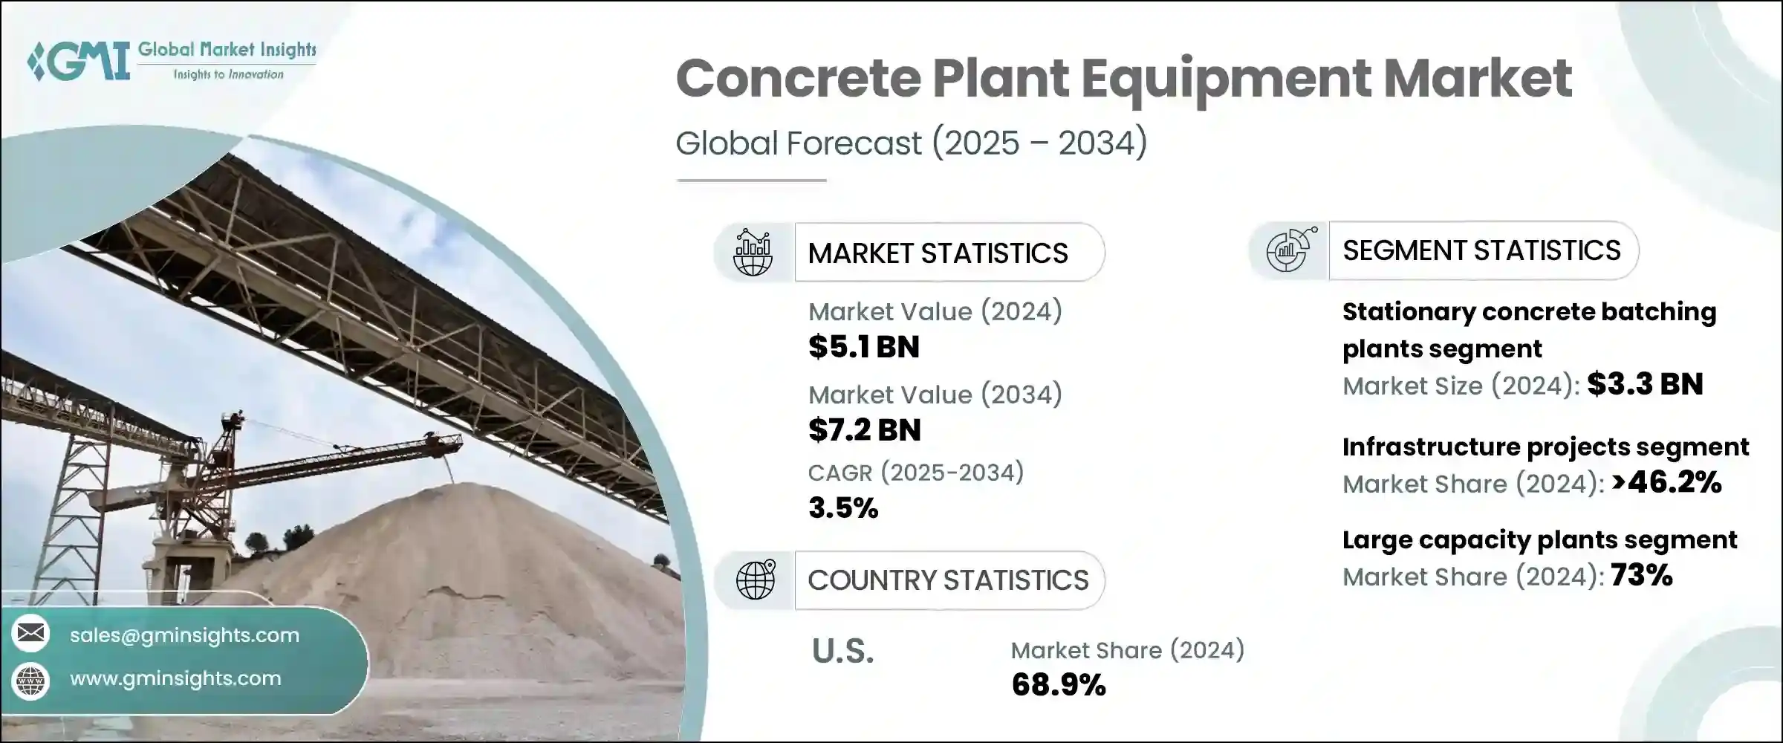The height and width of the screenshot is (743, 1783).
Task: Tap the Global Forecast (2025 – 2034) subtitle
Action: (x=911, y=143)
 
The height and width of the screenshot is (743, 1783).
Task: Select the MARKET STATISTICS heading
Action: (x=938, y=253)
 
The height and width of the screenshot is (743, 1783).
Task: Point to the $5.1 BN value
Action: (x=863, y=347)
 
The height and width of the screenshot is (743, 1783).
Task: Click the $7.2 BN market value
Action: (x=864, y=430)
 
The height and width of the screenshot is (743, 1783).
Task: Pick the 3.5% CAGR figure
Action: (x=843, y=508)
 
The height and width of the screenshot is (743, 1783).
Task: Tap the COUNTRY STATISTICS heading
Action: (x=948, y=580)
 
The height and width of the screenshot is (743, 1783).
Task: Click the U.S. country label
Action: (x=842, y=652)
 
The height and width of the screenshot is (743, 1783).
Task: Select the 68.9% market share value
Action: (x=1058, y=685)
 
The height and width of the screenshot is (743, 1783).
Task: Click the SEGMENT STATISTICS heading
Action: (x=1481, y=250)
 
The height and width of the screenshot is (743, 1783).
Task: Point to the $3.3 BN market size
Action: (x=1645, y=384)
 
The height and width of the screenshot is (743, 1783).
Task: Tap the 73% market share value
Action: (x=1641, y=575)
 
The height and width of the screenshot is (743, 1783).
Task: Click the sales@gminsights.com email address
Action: (x=184, y=635)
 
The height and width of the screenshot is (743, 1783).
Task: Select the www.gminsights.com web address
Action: (x=175, y=678)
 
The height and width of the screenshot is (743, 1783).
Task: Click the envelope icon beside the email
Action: (x=31, y=634)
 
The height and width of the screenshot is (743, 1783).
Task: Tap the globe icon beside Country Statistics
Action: (x=755, y=580)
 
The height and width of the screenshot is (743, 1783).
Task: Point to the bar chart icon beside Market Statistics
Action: (x=753, y=253)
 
